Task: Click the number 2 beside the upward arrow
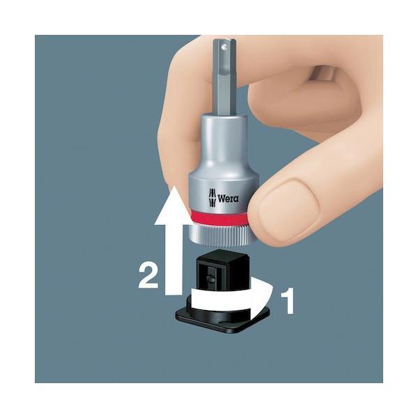pyautogui.click(x=148, y=276)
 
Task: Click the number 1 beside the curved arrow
pyautogui.click(x=288, y=301)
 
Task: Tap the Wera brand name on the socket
pyautogui.click(x=229, y=199)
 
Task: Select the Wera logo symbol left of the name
pyautogui.click(x=212, y=198)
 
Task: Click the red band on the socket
pyautogui.click(x=220, y=218)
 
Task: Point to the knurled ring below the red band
pyautogui.click(x=221, y=235)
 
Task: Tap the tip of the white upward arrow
pyautogui.click(x=173, y=186)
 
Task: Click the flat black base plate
pyautogui.click(x=224, y=320)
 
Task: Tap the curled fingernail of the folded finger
pyautogui.click(x=322, y=72)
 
